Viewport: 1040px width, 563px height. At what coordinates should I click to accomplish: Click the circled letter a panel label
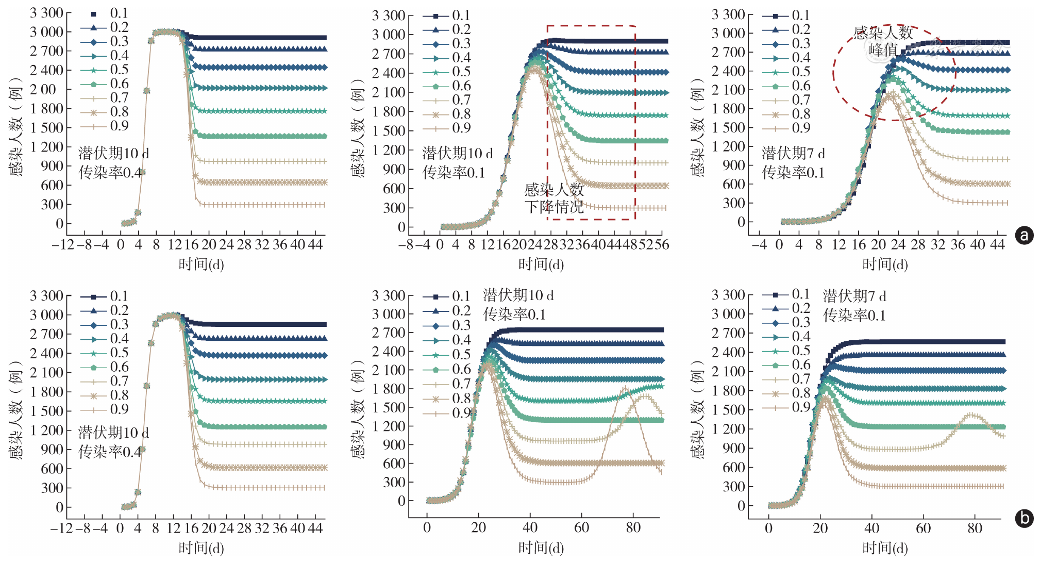(1024, 235)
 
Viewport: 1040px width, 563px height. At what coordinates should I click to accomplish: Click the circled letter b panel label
(1024, 518)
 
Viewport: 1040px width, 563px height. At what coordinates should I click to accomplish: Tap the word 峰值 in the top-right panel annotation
(883, 50)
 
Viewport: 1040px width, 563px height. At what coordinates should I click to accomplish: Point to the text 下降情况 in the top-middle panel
(554, 207)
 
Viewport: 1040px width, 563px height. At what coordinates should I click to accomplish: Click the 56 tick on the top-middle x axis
(661, 244)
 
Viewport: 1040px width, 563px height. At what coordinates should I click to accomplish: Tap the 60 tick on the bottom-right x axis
(923, 528)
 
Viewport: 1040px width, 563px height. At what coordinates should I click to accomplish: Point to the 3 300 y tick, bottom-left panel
(46, 296)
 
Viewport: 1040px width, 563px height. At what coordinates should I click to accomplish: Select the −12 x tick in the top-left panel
(63, 244)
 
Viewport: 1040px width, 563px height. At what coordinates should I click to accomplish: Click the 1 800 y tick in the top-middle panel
(389, 111)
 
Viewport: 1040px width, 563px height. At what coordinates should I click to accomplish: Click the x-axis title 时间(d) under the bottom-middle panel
(541, 548)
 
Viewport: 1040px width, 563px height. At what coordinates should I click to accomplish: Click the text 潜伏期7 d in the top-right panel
(793, 153)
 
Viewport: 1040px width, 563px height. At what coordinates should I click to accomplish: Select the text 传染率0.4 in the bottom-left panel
(110, 452)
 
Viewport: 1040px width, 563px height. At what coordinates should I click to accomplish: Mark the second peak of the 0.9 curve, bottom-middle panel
(625, 388)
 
